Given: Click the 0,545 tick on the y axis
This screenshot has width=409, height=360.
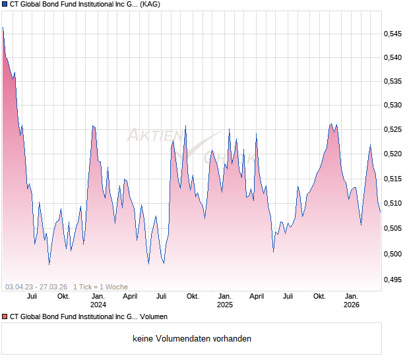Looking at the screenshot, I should (394, 33).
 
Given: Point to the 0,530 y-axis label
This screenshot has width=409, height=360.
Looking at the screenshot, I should (394, 105).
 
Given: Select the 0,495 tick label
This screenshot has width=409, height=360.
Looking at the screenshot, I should (394, 280).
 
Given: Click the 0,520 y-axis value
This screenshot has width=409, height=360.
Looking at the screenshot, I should (394, 154).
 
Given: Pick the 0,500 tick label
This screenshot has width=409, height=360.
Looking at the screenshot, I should (394, 254).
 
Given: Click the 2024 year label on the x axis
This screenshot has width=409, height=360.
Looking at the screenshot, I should (98, 305).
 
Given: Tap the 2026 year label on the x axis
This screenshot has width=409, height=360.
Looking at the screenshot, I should (351, 305).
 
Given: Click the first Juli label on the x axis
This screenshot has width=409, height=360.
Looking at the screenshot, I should (32, 296).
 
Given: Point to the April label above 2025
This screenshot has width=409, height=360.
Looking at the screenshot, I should (257, 296).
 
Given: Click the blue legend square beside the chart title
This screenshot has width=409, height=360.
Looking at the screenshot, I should (5, 4).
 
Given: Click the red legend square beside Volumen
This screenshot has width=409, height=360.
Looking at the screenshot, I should (5, 317).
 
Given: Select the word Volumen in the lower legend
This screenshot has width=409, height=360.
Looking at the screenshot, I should (152, 317).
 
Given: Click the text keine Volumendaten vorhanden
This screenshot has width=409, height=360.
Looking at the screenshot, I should (192, 339).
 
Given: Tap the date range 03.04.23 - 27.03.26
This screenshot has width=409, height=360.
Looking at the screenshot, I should (36, 287).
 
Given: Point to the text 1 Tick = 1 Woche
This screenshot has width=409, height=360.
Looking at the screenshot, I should (100, 287).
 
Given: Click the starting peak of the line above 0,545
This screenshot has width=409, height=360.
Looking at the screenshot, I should (3, 28).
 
